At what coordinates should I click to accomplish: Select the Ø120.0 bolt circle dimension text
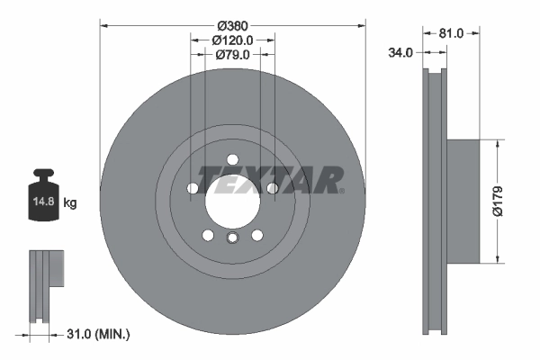tap(232, 40)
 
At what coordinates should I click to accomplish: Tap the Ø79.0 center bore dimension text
tap(232, 55)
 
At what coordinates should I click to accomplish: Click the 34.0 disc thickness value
tap(400, 53)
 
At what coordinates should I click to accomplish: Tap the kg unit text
tap(70, 203)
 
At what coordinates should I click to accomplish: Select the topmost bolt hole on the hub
tap(232, 159)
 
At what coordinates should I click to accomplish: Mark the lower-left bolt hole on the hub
tap(208, 235)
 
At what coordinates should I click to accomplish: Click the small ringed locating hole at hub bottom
tap(232, 238)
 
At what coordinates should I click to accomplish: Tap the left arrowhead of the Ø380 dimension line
tap(102, 24)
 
